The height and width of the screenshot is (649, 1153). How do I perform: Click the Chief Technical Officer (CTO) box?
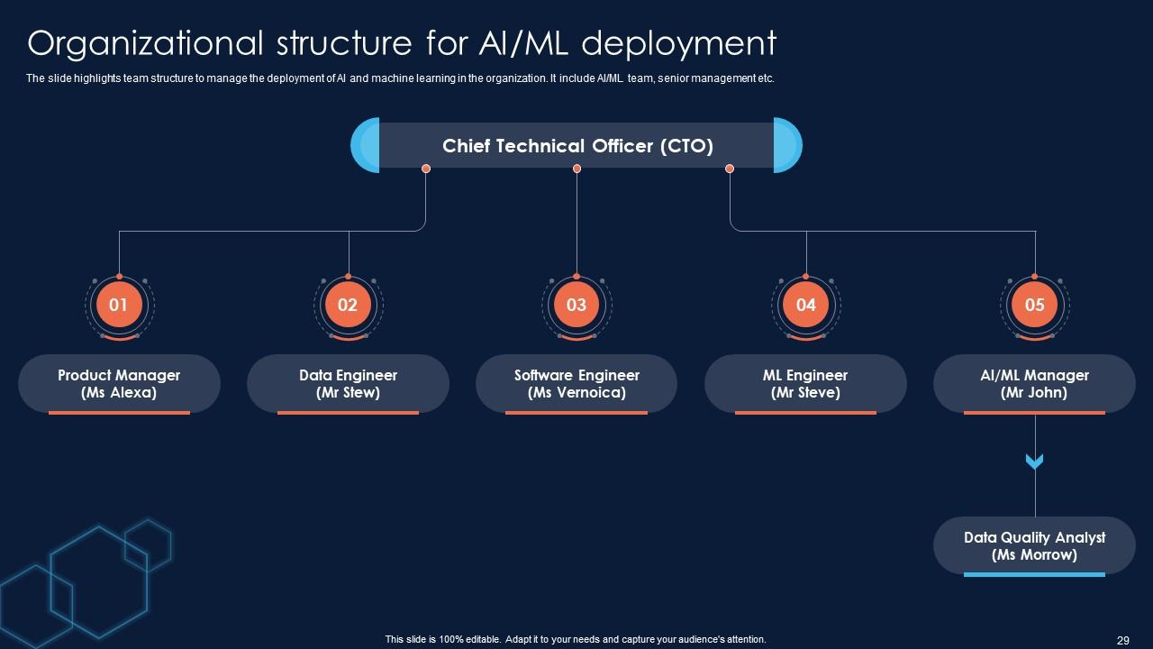point(576,146)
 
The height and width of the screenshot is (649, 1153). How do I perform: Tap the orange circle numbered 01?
point(119,305)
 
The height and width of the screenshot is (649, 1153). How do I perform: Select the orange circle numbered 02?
point(348,305)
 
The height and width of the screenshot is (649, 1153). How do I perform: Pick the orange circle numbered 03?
point(576,305)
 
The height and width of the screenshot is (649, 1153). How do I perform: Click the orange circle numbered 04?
point(805,305)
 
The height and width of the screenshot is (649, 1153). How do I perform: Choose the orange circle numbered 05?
point(1034,305)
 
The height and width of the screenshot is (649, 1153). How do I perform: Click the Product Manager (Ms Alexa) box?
point(119,384)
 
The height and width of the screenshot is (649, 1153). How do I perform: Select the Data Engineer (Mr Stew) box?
point(348,384)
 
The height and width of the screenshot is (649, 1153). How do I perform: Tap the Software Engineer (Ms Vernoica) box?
point(576,384)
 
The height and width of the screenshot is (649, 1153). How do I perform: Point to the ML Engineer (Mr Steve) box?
point(805,384)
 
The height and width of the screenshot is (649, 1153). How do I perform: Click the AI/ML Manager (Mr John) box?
point(1034,384)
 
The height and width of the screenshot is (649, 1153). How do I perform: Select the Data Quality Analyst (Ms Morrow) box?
point(1034,545)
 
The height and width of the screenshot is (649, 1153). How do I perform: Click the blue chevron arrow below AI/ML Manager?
point(1034,462)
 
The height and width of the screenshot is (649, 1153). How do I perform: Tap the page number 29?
point(1122,640)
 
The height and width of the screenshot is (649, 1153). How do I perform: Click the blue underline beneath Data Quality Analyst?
point(1034,574)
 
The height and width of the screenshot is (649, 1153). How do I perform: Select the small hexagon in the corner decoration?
point(148,544)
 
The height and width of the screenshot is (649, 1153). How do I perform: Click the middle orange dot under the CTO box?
point(576,169)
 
